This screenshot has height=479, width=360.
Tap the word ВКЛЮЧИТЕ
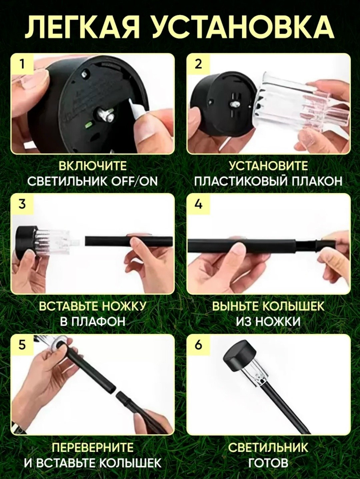pyautogui.click(x=93, y=166)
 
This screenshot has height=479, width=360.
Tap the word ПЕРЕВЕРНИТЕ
pyautogui.click(x=93, y=447)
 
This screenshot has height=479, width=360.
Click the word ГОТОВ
pyautogui.click(x=268, y=462)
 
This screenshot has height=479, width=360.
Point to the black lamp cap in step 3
pyautogui.click(x=26, y=242)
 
